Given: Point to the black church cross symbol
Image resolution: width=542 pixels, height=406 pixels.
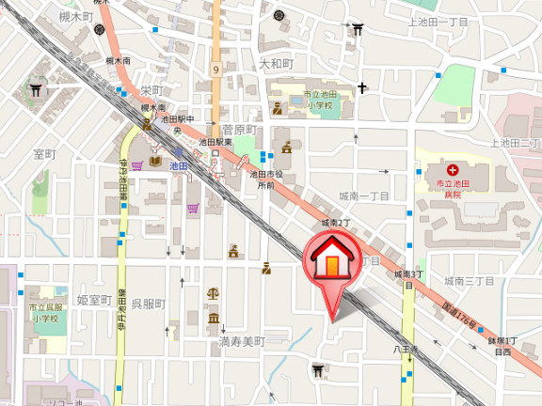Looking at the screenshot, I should (x=361, y=89).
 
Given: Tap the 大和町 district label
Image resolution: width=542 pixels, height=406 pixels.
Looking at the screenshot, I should (x=276, y=64).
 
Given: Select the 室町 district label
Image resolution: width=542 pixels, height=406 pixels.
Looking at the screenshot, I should (x=44, y=153).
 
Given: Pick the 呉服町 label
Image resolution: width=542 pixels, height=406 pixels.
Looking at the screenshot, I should (x=148, y=304).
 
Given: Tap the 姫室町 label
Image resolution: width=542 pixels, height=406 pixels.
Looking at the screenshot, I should (x=94, y=300).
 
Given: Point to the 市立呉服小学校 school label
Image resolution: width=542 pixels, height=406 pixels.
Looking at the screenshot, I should (x=43, y=313).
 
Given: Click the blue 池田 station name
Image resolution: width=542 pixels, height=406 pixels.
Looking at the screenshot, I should (x=179, y=164).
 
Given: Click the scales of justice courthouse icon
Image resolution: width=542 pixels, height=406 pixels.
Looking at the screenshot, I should (x=213, y=293).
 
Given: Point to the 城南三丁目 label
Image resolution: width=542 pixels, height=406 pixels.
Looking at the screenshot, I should (x=470, y=280).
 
